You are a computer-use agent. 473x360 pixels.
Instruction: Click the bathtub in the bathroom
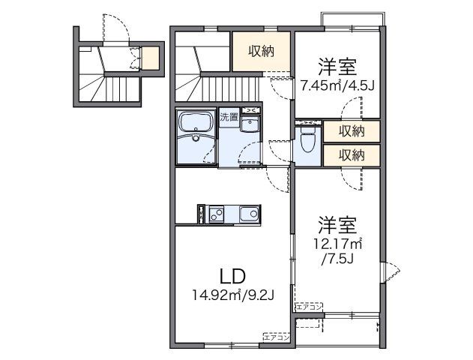[x=196, y=137]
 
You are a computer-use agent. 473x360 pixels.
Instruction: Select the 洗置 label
[x=229, y=117]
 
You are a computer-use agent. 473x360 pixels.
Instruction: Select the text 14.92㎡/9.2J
[x=232, y=295]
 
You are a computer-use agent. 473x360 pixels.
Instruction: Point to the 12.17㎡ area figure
[x=337, y=243]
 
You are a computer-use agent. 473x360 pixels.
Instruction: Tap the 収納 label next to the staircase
[x=262, y=51]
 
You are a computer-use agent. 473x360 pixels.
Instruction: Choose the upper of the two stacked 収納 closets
[x=351, y=132]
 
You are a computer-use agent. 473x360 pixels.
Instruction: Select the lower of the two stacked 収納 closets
[x=351, y=155]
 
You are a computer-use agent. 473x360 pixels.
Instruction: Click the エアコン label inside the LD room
[x=277, y=337]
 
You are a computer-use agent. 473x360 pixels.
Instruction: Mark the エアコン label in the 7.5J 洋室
[x=309, y=307]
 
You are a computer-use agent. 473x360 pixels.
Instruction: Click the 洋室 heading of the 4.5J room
[x=337, y=65]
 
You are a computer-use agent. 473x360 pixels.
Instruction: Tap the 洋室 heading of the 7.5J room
[x=337, y=223]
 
